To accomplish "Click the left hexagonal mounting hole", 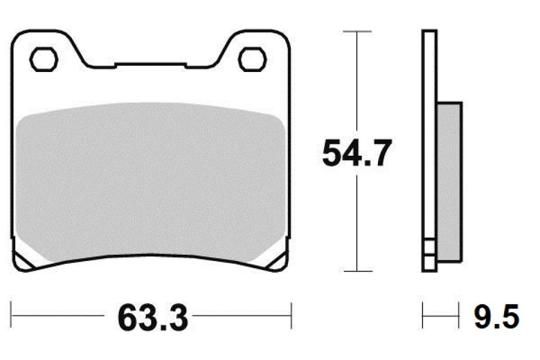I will click(x=43, y=59).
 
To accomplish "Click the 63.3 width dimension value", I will click(x=152, y=318).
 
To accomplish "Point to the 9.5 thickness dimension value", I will click(x=496, y=317).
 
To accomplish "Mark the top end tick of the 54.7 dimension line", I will click(x=357, y=31).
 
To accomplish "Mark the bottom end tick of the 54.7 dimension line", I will click(x=357, y=271).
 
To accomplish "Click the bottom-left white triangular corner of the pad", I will click(x=25, y=261).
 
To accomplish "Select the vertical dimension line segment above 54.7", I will click(x=357, y=84).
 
